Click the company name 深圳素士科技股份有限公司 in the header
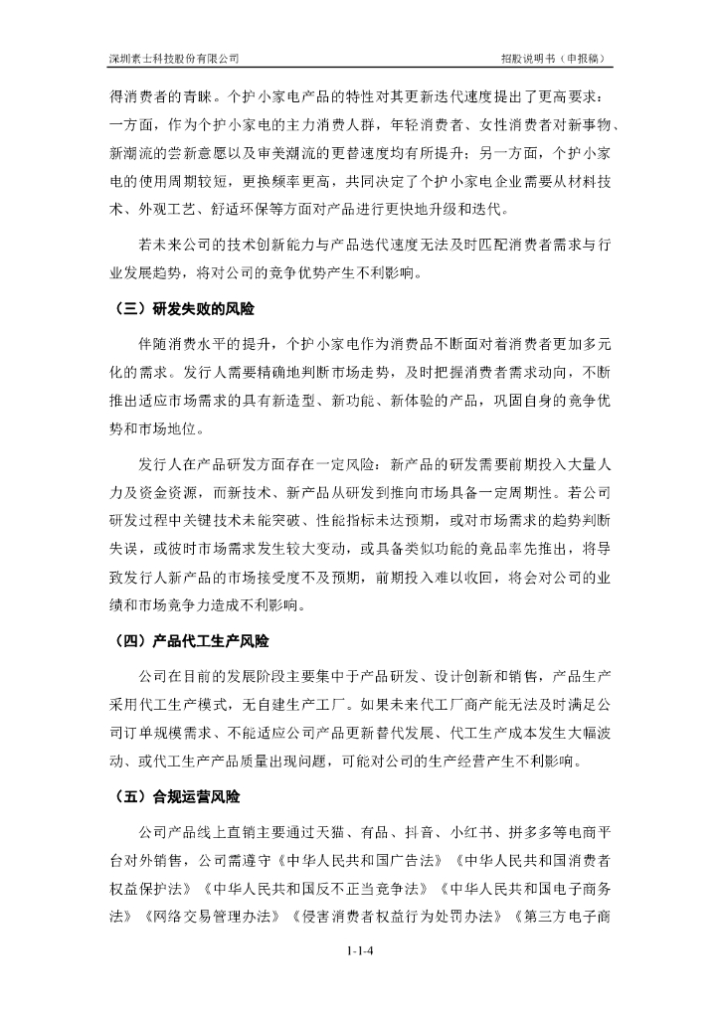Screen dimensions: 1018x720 tap(174, 58)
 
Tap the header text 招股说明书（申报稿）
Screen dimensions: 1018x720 tap(556, 58)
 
